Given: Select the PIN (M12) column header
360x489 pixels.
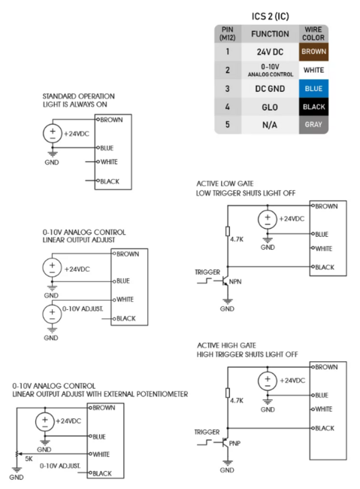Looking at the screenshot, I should click(228, 33).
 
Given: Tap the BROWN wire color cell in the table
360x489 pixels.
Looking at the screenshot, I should click(313, 52).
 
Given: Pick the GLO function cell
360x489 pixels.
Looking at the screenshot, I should click(270, 107).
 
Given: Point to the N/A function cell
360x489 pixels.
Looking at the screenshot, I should click(270, 124).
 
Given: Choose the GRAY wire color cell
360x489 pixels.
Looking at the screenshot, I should click(313, 124).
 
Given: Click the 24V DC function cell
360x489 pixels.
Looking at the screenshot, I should click(270, 52).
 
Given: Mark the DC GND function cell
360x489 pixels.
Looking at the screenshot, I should click(270, 89).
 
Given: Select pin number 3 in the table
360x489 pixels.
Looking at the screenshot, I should click(228, 89).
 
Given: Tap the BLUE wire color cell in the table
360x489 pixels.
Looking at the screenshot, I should click(313, 89).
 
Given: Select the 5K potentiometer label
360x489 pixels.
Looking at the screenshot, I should click(29, 458).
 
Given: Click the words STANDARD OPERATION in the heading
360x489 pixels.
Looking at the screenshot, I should click(79, 96).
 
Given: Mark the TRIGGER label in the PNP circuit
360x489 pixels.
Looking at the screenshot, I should click(207, 433).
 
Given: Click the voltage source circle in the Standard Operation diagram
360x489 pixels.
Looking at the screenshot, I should click(52, 133).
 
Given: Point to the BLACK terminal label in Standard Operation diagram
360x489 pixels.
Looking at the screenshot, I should click(110, 181).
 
